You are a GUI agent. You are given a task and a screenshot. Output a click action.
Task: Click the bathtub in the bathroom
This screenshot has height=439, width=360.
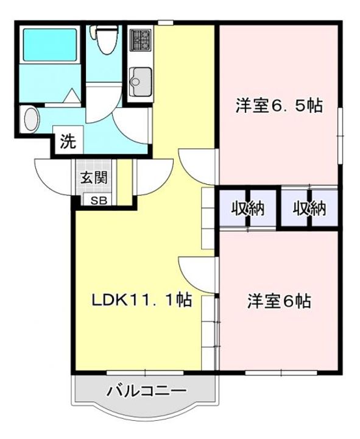point(50,45)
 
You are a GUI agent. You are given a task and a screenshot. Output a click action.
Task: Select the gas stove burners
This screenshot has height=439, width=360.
point(141,40)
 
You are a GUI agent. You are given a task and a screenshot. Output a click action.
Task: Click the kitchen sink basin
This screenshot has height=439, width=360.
point(141,82)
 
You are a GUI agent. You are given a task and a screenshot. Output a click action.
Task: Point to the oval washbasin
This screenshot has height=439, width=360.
point(31,120)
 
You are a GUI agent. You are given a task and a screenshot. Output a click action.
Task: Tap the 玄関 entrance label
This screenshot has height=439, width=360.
point(94,177)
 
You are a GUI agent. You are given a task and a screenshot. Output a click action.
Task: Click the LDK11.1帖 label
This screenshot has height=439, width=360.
point(141,300)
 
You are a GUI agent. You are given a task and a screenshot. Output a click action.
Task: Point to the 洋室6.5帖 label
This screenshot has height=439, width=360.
point(279,106)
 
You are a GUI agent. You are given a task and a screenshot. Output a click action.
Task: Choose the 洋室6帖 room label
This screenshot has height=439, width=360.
point(279,301)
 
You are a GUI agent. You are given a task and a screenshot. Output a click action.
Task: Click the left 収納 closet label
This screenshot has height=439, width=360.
point(248,209)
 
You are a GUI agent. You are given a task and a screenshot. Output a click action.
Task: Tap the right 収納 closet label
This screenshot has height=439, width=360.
point(309,209)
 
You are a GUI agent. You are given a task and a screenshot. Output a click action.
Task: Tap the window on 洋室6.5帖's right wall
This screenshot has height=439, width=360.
point(341,135)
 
